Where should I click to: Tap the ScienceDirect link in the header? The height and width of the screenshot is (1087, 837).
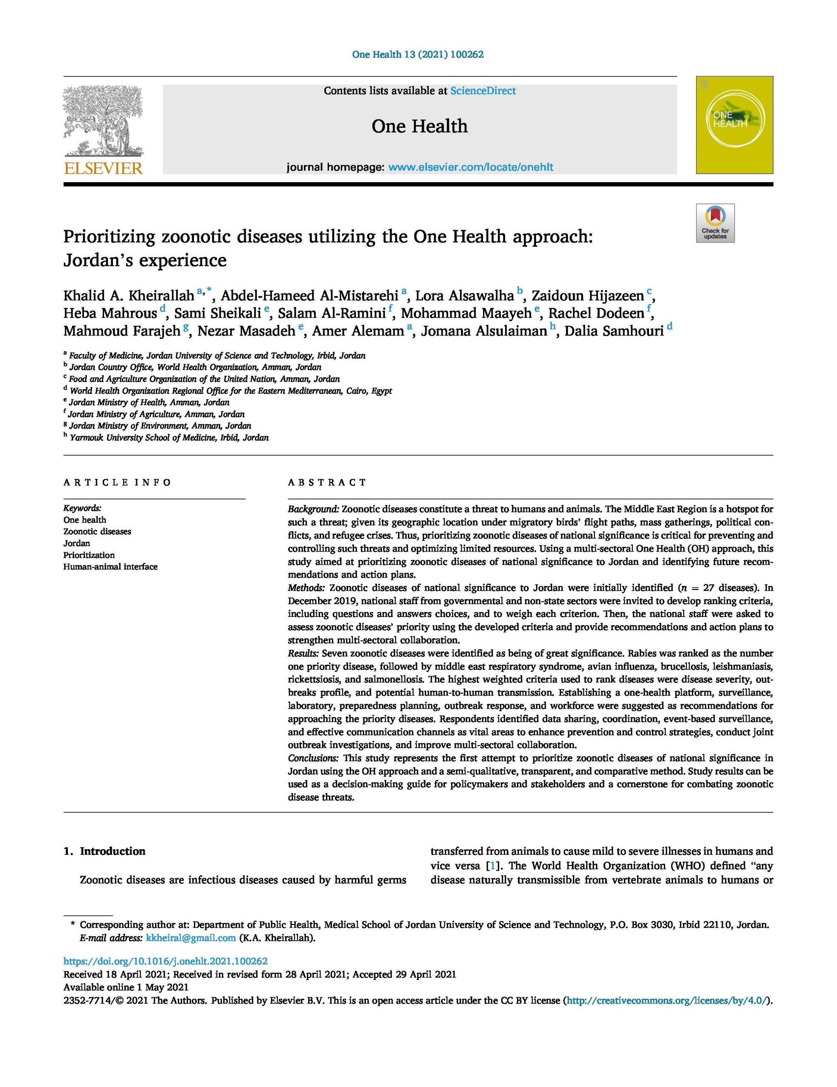click(483, 90)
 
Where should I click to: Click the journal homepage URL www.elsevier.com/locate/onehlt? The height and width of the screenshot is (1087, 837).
click(470, 167)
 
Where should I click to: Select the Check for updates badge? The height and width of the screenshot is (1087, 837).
click(715, 223)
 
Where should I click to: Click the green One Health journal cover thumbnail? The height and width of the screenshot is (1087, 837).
click(734, 125)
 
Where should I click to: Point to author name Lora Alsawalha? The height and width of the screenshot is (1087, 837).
click(464, 296)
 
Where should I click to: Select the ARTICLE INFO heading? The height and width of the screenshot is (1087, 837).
click(117, 482)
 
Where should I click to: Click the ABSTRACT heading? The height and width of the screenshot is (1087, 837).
click(327, 482)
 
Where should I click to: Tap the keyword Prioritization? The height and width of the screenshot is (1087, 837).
click(89, 555)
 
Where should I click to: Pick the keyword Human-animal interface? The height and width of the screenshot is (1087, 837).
click(110, 566)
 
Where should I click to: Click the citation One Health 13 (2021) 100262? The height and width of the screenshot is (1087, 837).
click(418, 54)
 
